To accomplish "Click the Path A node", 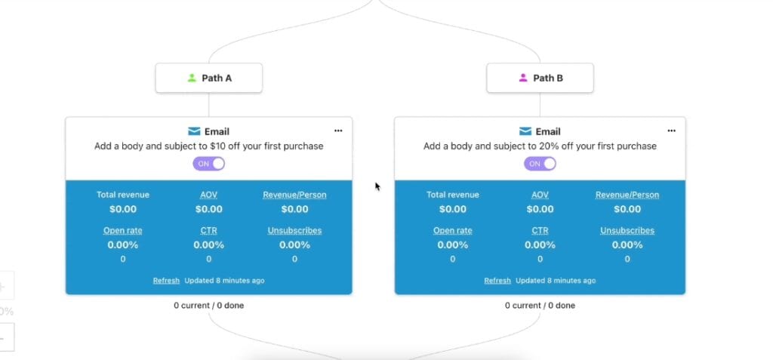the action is point(209,78).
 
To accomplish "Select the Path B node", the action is point(540,78).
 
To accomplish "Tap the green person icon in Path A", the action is point(192,78).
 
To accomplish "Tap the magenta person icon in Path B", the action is point(523,78).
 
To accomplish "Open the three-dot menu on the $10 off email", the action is point(338,131).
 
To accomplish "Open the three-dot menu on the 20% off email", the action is point(671,131).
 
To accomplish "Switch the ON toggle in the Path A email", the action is point(209,164).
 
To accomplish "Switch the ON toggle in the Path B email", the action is point(540,164).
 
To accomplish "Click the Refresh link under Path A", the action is point(166,281).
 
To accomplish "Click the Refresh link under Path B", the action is point(497,281).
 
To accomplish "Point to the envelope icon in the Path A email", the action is point(194,131).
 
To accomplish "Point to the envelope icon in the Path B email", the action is point(525,131).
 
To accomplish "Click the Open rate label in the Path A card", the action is point(123,230).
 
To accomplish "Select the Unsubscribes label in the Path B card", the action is point(627,230).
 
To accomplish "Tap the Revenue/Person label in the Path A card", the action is point(295,195).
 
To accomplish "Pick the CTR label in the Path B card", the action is point(540,230).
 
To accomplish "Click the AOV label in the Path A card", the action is point(208,195).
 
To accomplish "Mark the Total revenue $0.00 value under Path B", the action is point(453,209).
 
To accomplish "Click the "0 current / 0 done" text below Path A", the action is point(208,305).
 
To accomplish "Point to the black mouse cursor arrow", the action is point(377,186).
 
